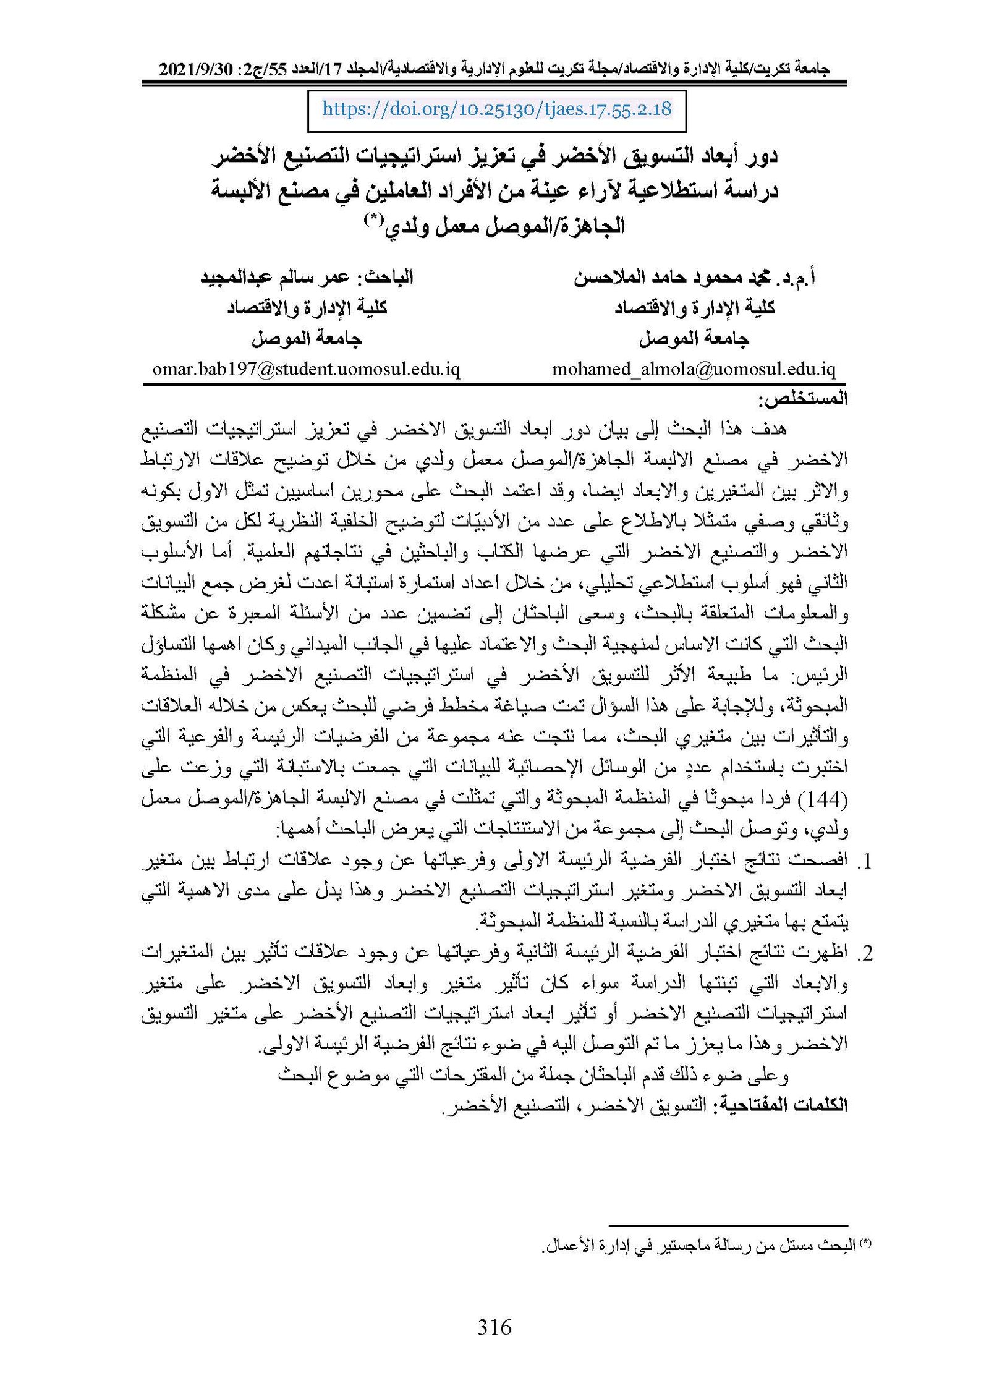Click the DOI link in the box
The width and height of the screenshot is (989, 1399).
[x=496, y=109]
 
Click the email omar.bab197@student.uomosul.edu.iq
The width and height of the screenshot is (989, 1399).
[x=306, y=370]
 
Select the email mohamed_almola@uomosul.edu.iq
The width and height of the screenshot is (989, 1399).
[x=694, y=370]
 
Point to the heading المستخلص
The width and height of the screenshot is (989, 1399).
[x=803, y=399]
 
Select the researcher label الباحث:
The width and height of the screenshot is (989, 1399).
[x=388, y=276]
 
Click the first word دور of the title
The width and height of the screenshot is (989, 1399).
[x=760, y=155]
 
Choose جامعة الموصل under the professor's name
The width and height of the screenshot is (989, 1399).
[x=694, y=338]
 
